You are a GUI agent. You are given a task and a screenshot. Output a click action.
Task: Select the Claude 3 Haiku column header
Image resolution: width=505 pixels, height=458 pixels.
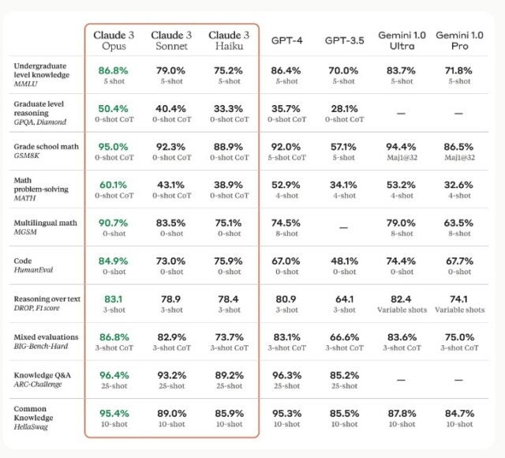(x=229, y=41)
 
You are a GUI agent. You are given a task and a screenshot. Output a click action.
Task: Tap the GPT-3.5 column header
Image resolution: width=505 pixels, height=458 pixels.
(x=344, y=40)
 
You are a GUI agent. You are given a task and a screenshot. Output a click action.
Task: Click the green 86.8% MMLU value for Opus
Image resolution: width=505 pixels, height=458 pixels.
(x=114, y=70)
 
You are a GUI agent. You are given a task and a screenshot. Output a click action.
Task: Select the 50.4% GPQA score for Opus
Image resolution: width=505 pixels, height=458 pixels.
(x=114, y=108)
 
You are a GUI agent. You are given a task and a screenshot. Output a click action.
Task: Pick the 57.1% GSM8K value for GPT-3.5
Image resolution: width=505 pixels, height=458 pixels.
(x=344, y=146)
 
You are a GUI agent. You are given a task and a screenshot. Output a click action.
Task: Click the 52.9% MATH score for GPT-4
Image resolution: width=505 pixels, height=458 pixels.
(x=286, y=185)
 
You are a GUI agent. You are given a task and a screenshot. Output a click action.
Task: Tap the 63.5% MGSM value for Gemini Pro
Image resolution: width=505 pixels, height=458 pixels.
(x=459, y=223)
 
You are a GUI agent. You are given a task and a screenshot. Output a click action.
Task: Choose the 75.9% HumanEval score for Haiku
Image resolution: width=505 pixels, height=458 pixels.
(x=229, y=261)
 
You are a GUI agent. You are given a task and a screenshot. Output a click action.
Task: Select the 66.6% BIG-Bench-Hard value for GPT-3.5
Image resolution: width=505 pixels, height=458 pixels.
(x=344, y=337)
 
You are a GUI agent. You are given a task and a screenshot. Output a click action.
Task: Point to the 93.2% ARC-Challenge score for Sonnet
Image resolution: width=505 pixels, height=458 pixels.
(x=171, y=376)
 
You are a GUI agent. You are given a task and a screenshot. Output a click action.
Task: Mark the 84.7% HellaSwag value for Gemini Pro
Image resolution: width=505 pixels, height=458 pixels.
(x=459, y=414)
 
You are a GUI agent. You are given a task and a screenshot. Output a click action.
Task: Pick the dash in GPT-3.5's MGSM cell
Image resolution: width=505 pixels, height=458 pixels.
(x=344, y=227)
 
